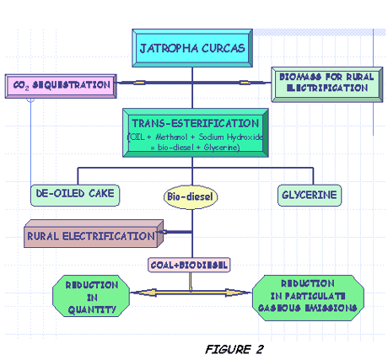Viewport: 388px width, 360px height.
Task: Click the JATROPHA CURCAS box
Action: pyautogui.click(x=192, y=48)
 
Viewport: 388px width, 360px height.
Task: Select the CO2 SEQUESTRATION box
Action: pyautogui.click(x=61, y=86)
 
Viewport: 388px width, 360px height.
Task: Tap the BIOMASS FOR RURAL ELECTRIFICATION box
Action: pyautogui.click(x=327, y=84)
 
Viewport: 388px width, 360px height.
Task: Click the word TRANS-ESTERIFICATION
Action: pyautogui.click(x=196, y=123)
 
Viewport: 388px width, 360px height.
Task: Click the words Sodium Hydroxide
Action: pyautogui.click(x=230, y=137)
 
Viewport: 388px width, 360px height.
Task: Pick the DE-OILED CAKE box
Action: pyautogui.click(x=75, y=195)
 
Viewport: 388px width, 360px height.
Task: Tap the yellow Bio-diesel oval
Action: pyautogui.click(x=191, y=196)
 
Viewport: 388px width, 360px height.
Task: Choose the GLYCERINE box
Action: pyautogui.click(x=310, y=196)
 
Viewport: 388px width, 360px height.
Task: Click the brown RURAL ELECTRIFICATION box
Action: pyautogui.click(x=94, y=234)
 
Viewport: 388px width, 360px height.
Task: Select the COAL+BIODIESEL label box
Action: pyautogui.click(x=189, y=265)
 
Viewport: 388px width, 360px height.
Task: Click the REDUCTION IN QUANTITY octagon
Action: pyautogui.click(x=91, y=296)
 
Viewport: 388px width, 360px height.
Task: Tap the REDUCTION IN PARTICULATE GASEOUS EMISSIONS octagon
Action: pyautogui.click(x=308, y=298)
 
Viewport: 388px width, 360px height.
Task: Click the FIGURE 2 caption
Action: pyautogui.click(x=234, y=349)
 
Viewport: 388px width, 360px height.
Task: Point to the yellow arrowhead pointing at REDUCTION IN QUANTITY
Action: pyautogui.click(x=145, y=293)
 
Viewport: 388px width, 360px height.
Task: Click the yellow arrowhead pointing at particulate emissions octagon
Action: pyautogui.click(x=237, y=293)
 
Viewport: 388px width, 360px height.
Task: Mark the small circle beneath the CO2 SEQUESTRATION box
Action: pyautogui.click(x=30, y=99)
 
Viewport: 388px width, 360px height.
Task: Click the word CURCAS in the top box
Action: pyautogui.click(x=224, y=48)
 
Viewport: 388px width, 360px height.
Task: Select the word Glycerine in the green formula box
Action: pyautogui.click(x=222, y=148)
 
